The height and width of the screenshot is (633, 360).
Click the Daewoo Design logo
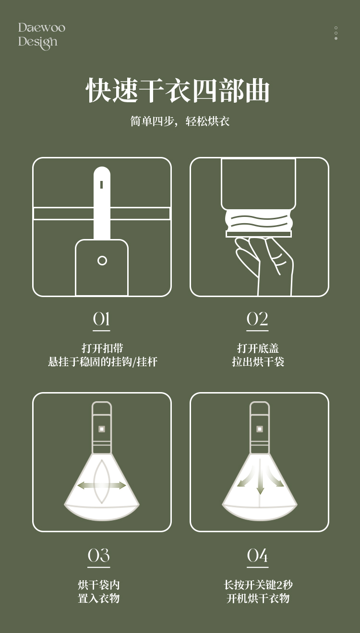(42, 36)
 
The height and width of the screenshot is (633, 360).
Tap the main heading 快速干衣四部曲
(178, 90)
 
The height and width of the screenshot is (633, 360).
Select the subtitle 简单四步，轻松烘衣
(180, 121)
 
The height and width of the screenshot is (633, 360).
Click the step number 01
(101, 319)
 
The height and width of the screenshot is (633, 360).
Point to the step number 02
(257, 319)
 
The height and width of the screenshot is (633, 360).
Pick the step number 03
(98, 555)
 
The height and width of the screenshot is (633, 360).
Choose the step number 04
(257, 555)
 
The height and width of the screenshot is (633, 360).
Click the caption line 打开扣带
(102, 348)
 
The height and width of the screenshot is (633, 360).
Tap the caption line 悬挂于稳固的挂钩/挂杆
(103, 362)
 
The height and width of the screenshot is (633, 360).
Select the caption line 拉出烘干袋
(258, 362)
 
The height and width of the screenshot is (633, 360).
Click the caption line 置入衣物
(98, 598)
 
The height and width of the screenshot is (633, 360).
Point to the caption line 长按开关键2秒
(258, 585)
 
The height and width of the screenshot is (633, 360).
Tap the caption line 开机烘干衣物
(258, 598)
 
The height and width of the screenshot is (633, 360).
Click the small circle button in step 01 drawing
(102, 261)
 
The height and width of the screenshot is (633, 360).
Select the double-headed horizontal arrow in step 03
(102, 486)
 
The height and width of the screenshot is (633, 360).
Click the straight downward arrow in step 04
(260, 477)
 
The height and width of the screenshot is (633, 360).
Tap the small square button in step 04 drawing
(260, 429)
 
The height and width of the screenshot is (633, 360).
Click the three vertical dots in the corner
(336, 33)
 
